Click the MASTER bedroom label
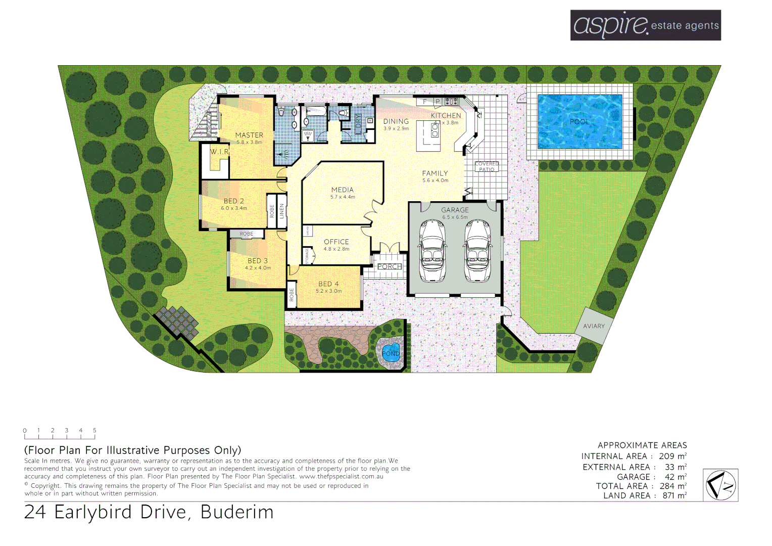pos(249,135)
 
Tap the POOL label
pos(580,122)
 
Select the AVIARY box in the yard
pos(594,326)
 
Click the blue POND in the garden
pos(391,352)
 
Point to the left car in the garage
pos(432,251)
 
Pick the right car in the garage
pos(477,251)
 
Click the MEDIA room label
pos(343,190)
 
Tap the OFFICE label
pos(336,242)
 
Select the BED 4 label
pos(328,284)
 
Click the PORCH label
pos(390,266)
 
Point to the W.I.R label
pos(219,152)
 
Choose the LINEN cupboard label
pos(282,211)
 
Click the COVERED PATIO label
pos(487,167)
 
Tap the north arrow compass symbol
pos(720,485)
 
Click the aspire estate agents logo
pos(645,25)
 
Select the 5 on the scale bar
pos(94,431)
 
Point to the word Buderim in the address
pos(237,512)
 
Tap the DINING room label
pos(396,122)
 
